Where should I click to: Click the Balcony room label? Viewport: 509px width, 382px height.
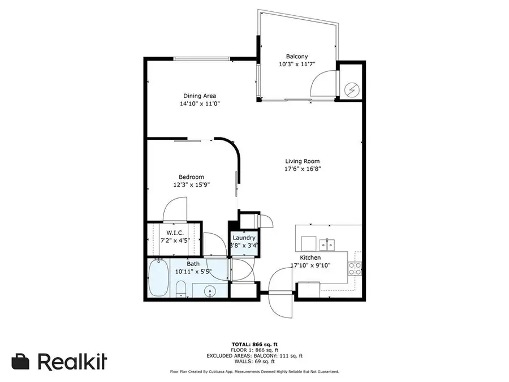tap(297, 56)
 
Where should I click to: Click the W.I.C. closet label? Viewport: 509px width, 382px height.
tap(174, 233)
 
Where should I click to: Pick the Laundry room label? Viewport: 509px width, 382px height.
tap(244, 238)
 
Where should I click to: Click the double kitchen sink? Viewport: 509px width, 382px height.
tap(326, 244)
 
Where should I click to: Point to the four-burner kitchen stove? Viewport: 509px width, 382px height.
tap(355, 268)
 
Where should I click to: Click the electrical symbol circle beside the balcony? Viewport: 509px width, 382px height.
tap(352, 89)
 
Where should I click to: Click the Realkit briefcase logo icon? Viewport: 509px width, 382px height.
tap(21, 361)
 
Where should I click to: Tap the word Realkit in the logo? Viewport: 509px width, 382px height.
tap(72, 361)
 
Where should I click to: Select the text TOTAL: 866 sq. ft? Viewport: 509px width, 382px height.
tap(254, 344)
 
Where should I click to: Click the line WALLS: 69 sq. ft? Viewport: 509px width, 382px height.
tap(254, 361)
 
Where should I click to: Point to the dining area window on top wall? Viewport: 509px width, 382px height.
tap(201, 58)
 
